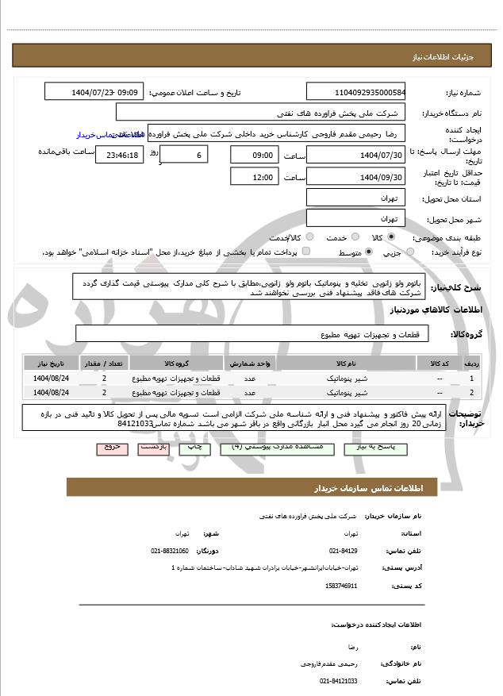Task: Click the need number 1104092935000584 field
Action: click(356, 92)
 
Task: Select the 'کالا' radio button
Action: click(391, 236)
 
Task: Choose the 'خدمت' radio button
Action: click(354, 236)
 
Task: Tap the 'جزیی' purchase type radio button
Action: click(410, 252)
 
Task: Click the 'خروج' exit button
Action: click(111, 448)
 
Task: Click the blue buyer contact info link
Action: click(102, 136)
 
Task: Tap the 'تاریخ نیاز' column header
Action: click(52, 362)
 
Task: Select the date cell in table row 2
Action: click(52, 392)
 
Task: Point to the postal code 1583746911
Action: click(341, 586)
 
